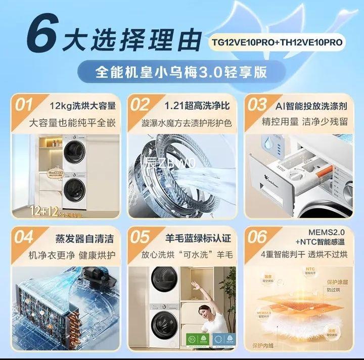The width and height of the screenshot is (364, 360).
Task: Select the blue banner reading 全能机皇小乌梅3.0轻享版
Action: pyautogui.click(x=181, y=71)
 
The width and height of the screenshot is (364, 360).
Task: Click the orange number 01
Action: pyautogui.click(x=24, y=105)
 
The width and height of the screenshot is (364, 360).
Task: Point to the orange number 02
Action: pyautogui.click(x=140, y=105)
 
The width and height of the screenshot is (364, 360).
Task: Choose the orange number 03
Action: pyautogui.click(x=257, y=105)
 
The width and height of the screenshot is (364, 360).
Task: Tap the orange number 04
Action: pyautogui.click(x=24, y=237)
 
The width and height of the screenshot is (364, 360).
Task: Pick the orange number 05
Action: pyautogui.click(x=140, y=237)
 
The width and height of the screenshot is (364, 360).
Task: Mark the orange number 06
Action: pyautogui.click(x=257, y=237)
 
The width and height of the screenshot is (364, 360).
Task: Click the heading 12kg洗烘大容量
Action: pyautogui.click(x=83, y=106)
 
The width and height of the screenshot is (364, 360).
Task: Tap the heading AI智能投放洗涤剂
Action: pyautogui.click(x=311, y=106)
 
